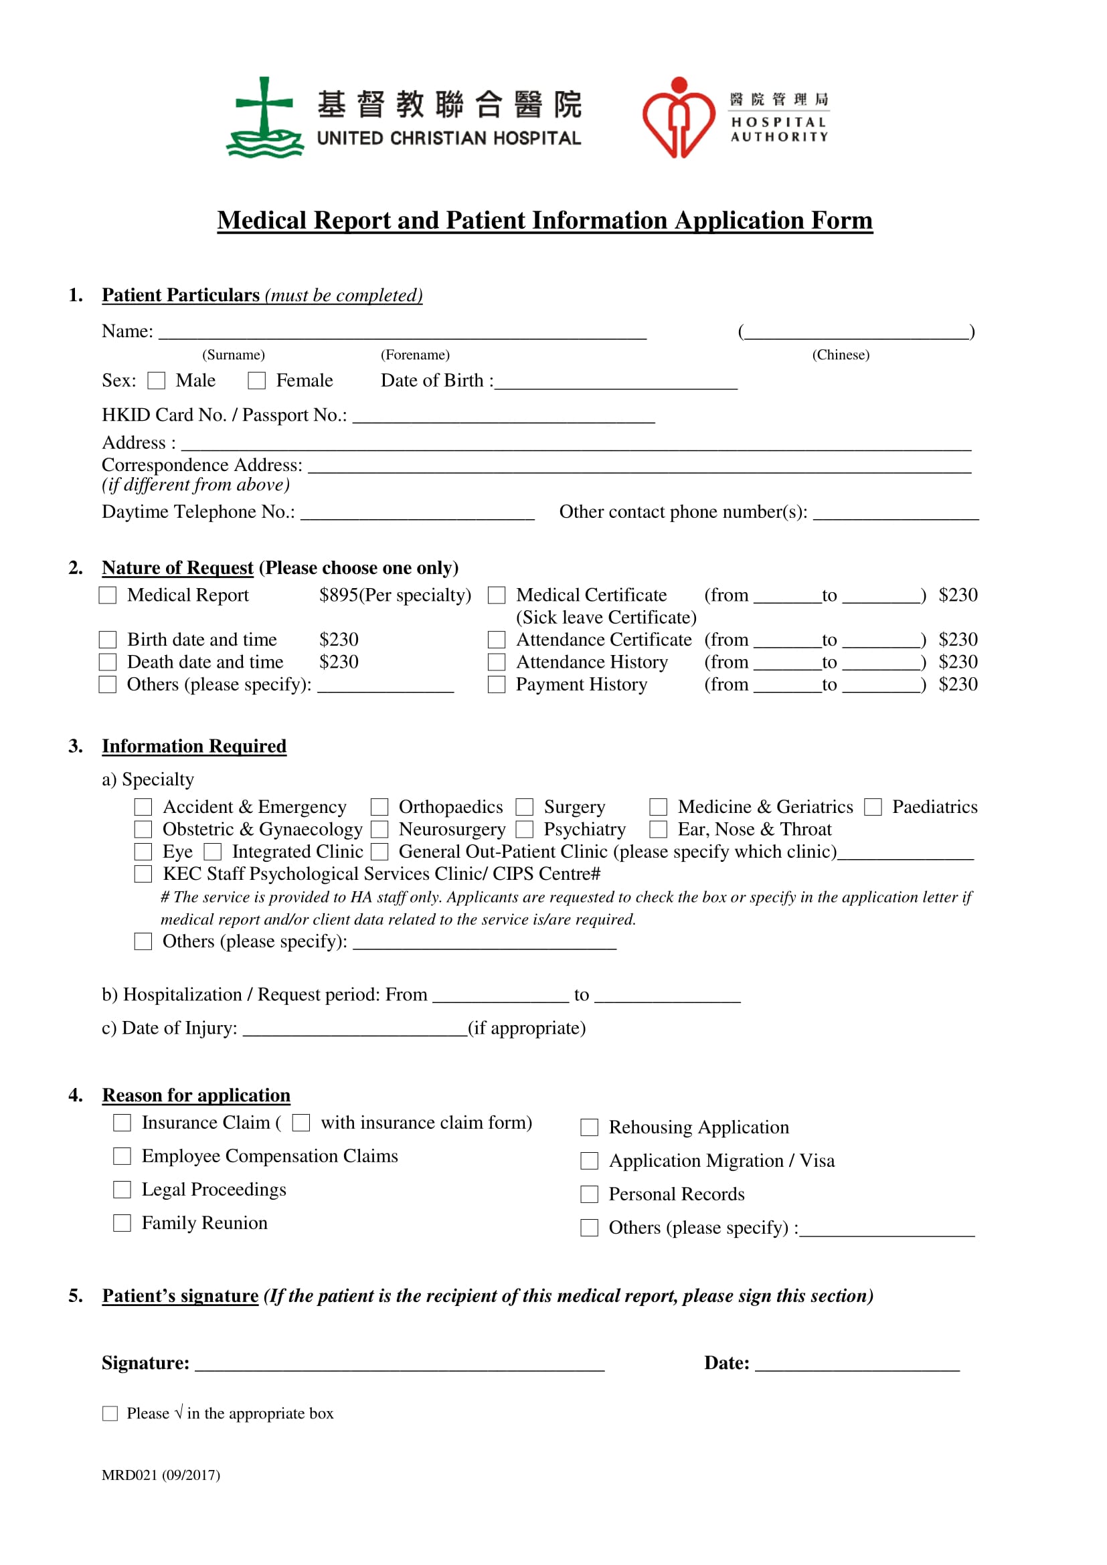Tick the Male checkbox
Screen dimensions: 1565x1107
tap(156, 380)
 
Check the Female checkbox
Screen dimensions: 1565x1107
tap(256, 380)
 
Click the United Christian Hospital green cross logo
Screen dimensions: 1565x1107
tap(264, 118)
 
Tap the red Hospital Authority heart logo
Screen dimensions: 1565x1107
tap(678, 118)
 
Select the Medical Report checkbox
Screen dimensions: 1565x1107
tap(108, 595)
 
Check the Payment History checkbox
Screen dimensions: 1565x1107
tap(496, 684)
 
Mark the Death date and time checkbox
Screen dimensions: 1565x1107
tap(108, 662)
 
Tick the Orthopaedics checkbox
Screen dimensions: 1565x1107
tap(379, 807)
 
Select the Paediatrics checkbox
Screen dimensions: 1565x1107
tap(873, 807)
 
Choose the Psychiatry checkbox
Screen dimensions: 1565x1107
tap(524, 830)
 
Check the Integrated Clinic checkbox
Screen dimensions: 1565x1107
tap(213, 852)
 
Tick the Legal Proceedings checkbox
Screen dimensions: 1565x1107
tap(122, 1190)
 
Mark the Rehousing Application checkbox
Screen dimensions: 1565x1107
tap(589, 1127)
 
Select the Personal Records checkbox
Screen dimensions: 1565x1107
tap(589, 1194)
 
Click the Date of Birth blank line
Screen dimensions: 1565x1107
tap(616, 383)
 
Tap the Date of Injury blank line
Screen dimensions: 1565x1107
tap(355, 1030)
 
